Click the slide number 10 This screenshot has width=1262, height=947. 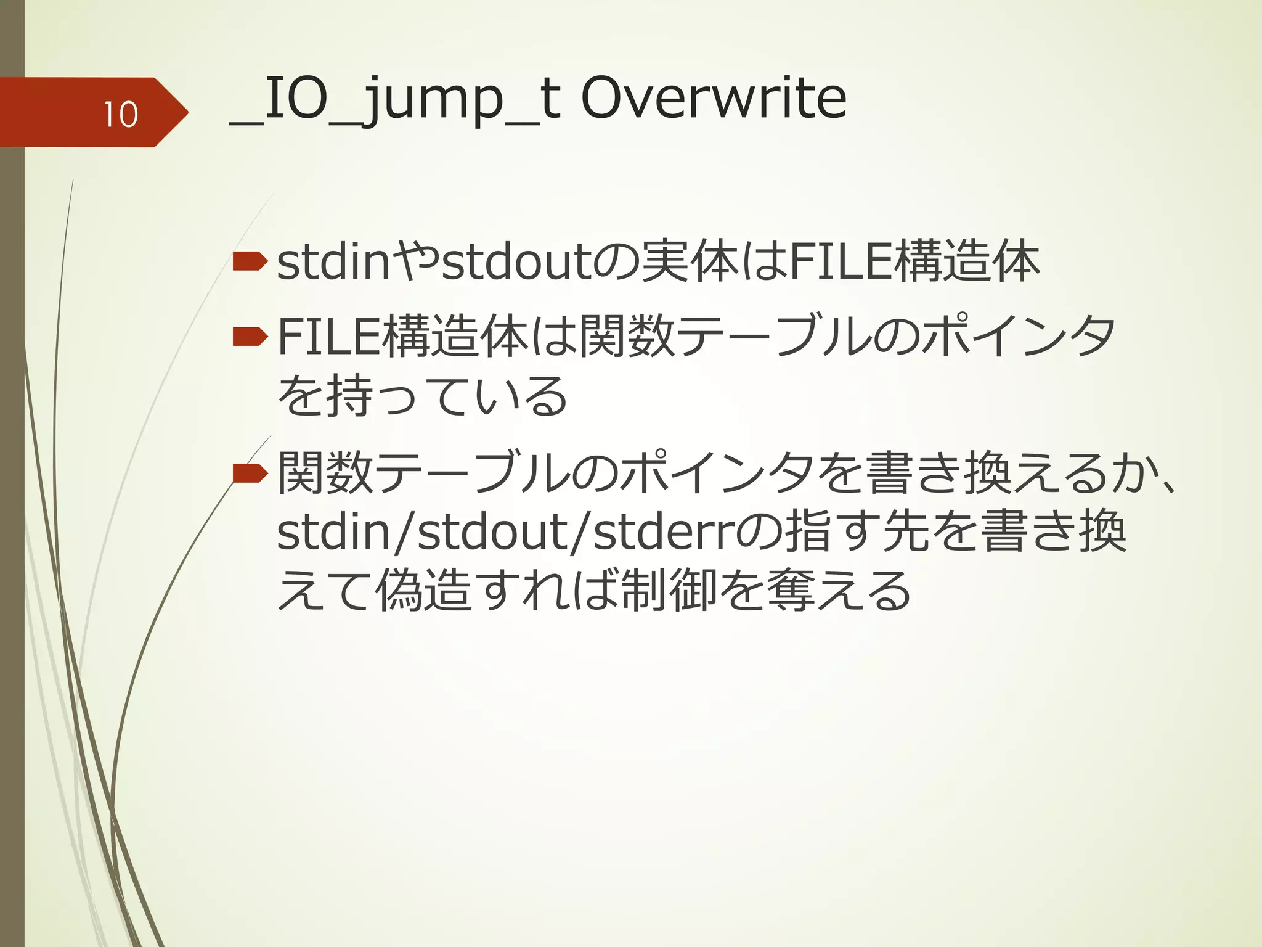120,115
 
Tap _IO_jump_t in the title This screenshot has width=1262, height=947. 394,100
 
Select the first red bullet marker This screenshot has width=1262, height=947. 250,262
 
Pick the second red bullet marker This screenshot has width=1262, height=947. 250,337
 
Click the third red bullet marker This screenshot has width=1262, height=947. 250,473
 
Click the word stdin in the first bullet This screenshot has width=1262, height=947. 333,262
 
